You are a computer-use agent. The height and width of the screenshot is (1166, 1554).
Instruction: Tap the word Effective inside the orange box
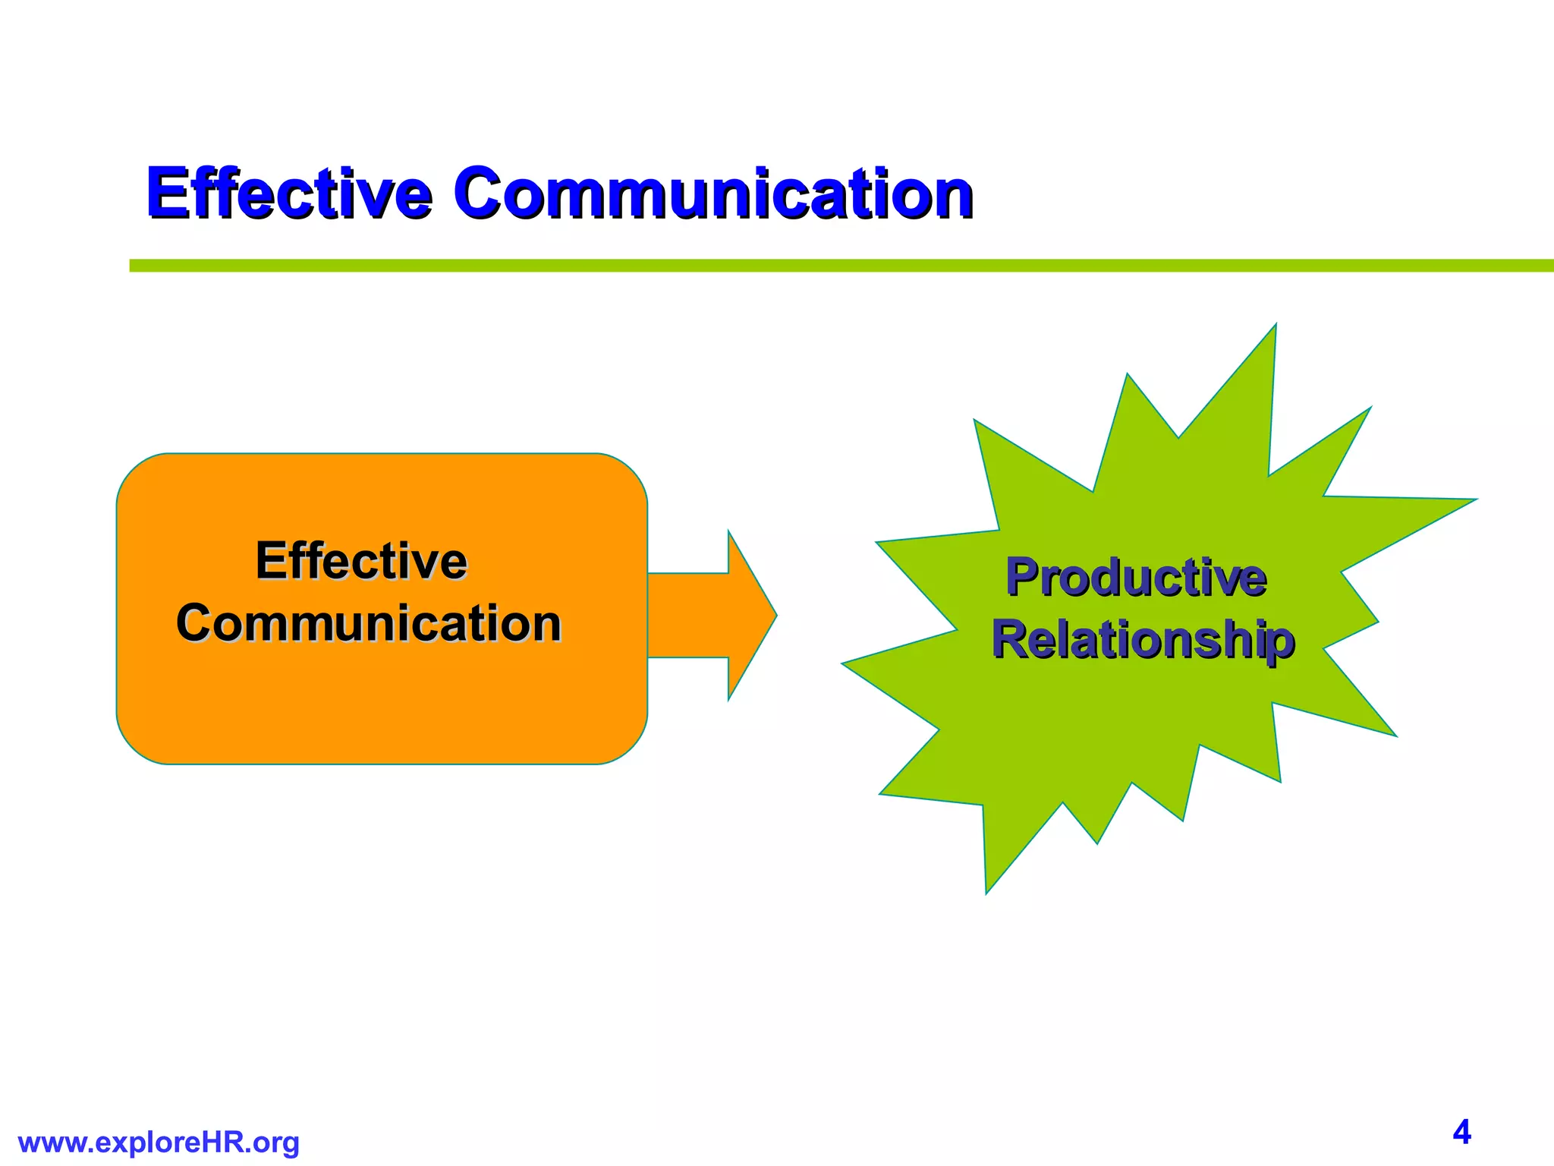point(361,561)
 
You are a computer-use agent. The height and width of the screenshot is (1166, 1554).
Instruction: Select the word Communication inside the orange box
point(369,623)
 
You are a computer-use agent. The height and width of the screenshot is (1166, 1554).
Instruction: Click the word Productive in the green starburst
point(1136,578)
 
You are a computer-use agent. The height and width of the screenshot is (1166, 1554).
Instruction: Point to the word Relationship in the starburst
point(1143,640)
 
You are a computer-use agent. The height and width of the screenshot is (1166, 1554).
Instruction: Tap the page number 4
point(1461,1132)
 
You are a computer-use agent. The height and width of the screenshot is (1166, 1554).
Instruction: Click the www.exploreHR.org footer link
point(159,1142)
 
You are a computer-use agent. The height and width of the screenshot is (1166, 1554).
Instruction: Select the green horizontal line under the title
point(835,266)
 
